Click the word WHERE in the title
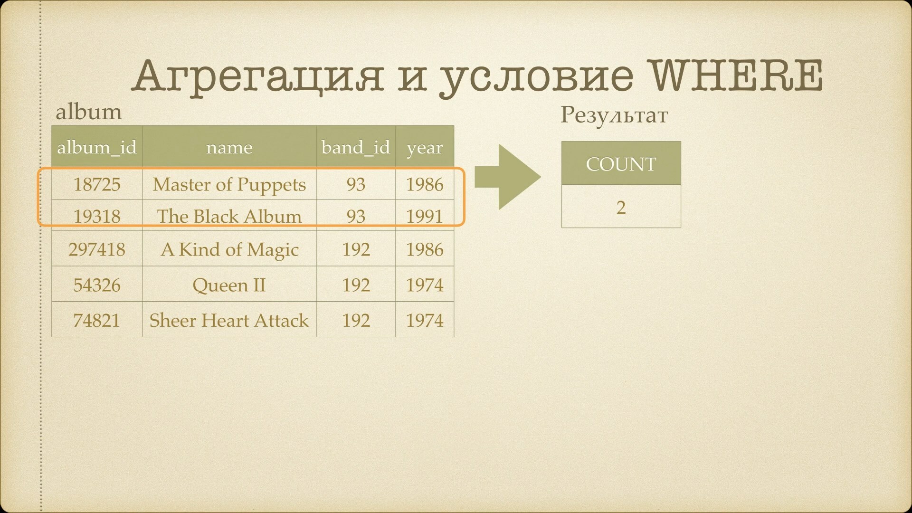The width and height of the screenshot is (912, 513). (736, 76)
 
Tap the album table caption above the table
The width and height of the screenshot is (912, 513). (89, 112)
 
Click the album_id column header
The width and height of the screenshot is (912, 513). (97, 147)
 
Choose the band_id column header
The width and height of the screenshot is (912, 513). (356, 147)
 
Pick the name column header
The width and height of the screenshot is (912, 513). (229, 148)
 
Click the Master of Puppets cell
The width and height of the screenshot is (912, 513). (229, 184)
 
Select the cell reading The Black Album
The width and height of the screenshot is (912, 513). (229, 216)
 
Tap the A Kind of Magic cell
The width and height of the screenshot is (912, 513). (230, 249)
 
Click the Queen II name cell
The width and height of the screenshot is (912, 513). (229, 285)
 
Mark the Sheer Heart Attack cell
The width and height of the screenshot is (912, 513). (229, 320)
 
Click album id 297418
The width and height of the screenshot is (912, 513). (97, 249)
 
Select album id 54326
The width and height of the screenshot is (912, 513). (97, 285)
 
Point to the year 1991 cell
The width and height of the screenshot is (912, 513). (425, 216)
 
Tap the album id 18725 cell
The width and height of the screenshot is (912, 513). (97, 184)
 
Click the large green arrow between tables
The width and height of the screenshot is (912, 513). (507, 177)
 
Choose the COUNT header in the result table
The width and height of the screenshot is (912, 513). (621, 164)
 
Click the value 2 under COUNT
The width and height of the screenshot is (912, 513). (621, 207)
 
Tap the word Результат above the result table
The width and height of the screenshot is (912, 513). (614, 115)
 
